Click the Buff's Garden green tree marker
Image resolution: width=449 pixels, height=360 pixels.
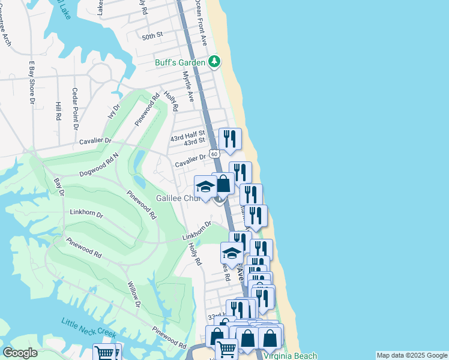pyautogui.click(x=214, y=61)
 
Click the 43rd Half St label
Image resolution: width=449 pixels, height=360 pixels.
pyautogui.click(x=188, y=134)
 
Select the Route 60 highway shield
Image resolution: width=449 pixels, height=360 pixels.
pyautogui.click(x=214, y=154)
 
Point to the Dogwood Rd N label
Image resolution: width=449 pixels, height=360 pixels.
pyautogui.click(x=99, y=167)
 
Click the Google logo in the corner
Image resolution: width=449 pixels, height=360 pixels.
pyautogui.click(x=20, y=353)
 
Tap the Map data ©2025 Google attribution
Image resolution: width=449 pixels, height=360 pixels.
pyautogui.click(x=412, y=356)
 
